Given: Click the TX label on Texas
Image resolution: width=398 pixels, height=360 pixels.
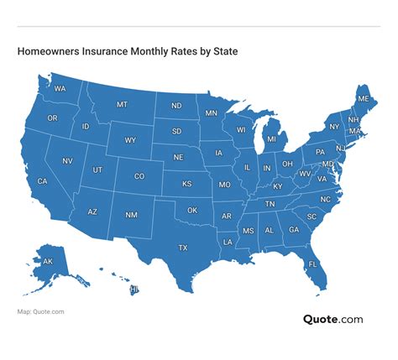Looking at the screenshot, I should [x=182, y=248].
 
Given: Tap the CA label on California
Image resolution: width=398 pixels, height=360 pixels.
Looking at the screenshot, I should [x=42, y=181].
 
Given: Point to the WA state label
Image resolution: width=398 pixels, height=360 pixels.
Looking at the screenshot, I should [x=60, y=88].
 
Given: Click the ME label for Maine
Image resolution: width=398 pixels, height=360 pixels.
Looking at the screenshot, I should [x=363, y=98].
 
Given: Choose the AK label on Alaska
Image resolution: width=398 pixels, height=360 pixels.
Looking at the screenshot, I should [x=48, y=262].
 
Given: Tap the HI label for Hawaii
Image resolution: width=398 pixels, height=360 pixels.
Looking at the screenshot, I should [x=134, y=290].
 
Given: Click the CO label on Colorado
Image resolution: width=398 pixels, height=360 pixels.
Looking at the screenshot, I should [x=139, y=176].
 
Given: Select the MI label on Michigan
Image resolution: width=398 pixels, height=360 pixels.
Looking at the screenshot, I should [x=271, y=139].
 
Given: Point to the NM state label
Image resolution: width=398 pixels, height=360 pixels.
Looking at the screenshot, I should [x=131, y=216].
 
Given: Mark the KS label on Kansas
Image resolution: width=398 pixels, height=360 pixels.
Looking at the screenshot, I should [x=188, y=184].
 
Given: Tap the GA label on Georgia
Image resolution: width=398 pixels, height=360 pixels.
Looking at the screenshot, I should [x=294, y=230].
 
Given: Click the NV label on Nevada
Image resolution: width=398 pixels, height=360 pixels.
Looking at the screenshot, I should [x=67, y=161].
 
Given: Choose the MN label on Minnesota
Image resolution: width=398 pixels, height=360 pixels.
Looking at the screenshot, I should [x=211, y=112].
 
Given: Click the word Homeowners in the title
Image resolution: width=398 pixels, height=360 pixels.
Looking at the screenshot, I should [x=46, y=52].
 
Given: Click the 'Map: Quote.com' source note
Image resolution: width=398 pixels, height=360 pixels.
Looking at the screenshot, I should [x=40, y=312].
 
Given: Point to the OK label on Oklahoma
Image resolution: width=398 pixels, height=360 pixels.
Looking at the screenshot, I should [x=192, y=210].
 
